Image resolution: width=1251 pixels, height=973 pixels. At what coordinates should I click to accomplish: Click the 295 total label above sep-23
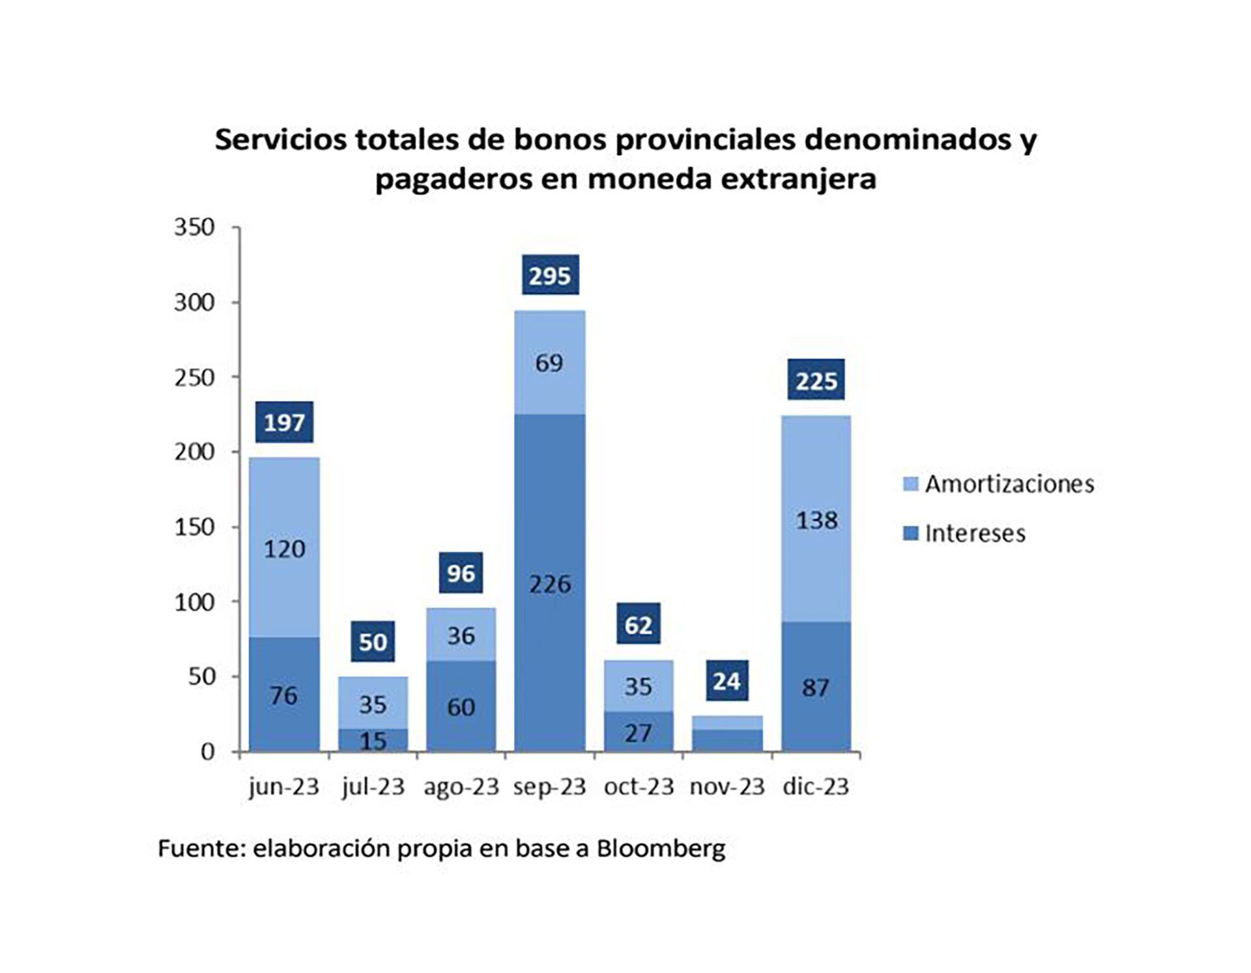[x=550, y=276]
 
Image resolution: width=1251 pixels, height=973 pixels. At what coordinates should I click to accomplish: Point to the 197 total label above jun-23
[x=284, y=422]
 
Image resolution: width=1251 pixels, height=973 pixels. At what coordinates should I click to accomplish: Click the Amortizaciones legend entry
[x=999, y=484]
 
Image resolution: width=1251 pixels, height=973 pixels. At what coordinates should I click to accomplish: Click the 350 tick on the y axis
[x=194, y=227]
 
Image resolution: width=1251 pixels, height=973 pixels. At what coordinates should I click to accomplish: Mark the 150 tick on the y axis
[x=194, y=527]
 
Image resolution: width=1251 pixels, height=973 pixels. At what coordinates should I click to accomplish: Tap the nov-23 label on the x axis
[x=727, y=787]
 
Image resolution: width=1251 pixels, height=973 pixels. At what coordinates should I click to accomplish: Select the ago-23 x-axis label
[x=461, y=787]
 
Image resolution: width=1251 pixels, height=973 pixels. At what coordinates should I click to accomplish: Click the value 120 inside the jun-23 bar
[x=284, y=549]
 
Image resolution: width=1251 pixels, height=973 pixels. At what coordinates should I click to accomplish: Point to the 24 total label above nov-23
[x=727, y=682]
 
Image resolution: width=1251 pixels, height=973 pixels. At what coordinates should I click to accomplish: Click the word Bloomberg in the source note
[x=661, y=849]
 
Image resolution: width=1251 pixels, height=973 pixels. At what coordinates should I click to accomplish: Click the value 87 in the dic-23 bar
[x=816, y=688]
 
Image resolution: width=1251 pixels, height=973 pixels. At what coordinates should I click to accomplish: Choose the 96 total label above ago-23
[x=461, y=574]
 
